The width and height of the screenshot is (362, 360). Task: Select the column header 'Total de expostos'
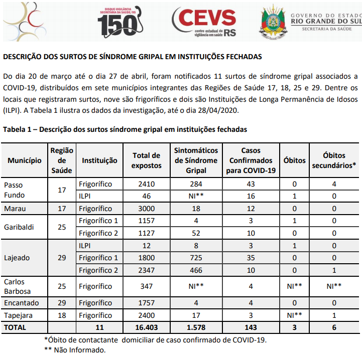point(146,160)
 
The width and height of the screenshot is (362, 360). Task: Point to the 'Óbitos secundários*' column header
point(334,160)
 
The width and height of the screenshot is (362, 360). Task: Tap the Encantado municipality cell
point(23,303)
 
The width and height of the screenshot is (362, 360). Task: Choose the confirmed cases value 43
point(251,184)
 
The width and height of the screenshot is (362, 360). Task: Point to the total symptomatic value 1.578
point(195,327)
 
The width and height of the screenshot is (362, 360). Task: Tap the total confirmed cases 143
point(251,327)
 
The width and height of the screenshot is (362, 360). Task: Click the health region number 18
point(62,315)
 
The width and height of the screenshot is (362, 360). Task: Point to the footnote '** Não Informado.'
point(75,349)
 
